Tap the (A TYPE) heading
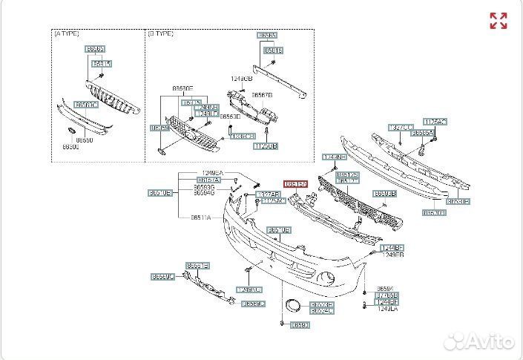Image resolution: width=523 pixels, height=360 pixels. pos(66,33)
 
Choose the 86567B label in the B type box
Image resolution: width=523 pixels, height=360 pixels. pos(262,95)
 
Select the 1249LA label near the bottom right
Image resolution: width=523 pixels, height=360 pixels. pos(387,309)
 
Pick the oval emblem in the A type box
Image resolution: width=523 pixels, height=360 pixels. pos(70,131)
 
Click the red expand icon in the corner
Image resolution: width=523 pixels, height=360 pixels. pos(499,21)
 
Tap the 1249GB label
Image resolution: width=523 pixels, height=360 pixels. pos(241,78)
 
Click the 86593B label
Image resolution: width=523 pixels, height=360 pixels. pos(385,193)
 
